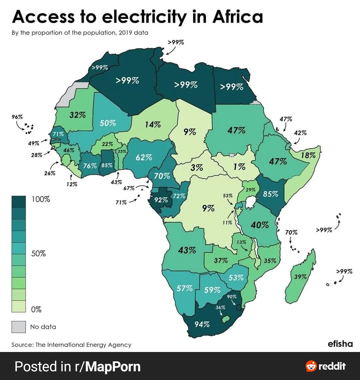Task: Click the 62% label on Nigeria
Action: point(144,157)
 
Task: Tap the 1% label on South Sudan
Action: point(239,166)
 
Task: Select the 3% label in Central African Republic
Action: point(197,168)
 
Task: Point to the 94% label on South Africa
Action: point(202,324)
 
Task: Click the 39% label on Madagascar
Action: point(300,277)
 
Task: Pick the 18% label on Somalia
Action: point(308,155)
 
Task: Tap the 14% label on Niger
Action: point(153,125)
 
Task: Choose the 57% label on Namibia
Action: point(185,288)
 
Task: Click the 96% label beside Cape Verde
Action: point(17,117)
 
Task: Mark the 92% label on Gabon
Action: point(161,200)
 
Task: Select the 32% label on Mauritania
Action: point(78,115)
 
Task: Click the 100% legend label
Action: point(41,200)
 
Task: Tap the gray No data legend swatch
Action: point(19,327)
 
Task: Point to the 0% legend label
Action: point(36,310)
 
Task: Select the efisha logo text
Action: point(340,344)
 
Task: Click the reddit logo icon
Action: point(311,366)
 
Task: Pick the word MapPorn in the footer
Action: point(113,366)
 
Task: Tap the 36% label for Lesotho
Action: point(220,308)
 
